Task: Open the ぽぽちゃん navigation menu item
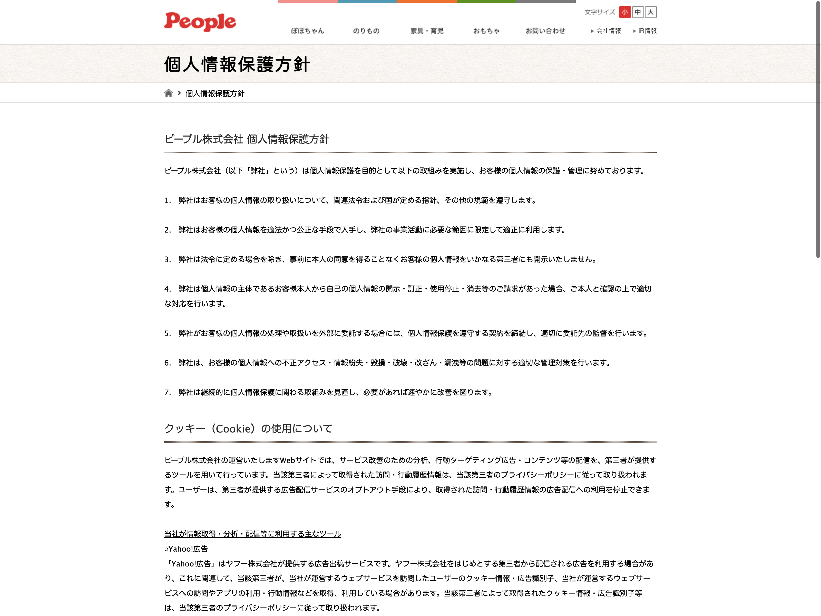307,31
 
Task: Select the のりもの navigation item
366,31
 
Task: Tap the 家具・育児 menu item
427,31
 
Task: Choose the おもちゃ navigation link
486,31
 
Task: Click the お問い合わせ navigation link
545,31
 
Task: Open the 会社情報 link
608,31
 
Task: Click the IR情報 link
647,31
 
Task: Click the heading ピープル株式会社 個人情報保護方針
247,139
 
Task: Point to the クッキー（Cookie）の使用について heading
248,428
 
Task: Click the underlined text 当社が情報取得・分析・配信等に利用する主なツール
252,534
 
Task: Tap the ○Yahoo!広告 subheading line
186,549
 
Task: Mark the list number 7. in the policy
167,392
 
